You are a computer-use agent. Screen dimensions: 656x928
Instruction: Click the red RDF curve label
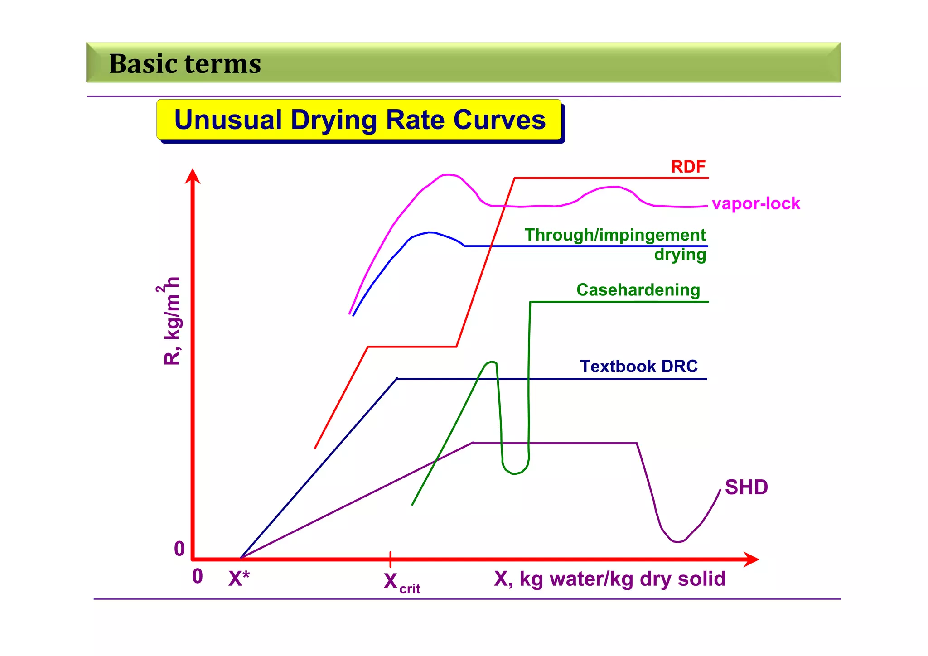(x=688, y=167)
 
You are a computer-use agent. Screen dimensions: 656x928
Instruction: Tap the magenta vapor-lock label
(x=755, y=203)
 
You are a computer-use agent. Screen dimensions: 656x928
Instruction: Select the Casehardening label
(x=638, y=290)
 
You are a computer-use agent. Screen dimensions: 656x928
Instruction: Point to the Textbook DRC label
(x=638, y=366)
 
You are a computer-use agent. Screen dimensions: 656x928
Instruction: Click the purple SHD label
(x=746, y=487)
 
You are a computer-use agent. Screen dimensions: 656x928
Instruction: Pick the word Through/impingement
(x=615, y=235)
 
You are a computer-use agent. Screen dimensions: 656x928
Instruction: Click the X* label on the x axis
(x=239, y=579)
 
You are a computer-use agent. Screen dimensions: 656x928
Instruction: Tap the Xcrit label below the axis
(x=401, y=583)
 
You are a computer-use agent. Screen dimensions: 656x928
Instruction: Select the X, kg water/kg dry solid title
(x=609, y=579)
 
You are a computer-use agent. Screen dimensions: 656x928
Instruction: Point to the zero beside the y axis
(x=179, y=549)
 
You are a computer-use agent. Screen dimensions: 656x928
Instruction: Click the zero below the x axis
(x=198, y=576)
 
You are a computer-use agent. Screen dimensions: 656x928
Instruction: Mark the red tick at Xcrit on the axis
(x=390, y=560)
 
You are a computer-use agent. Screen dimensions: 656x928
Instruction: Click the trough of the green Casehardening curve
(x=514, y=473)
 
